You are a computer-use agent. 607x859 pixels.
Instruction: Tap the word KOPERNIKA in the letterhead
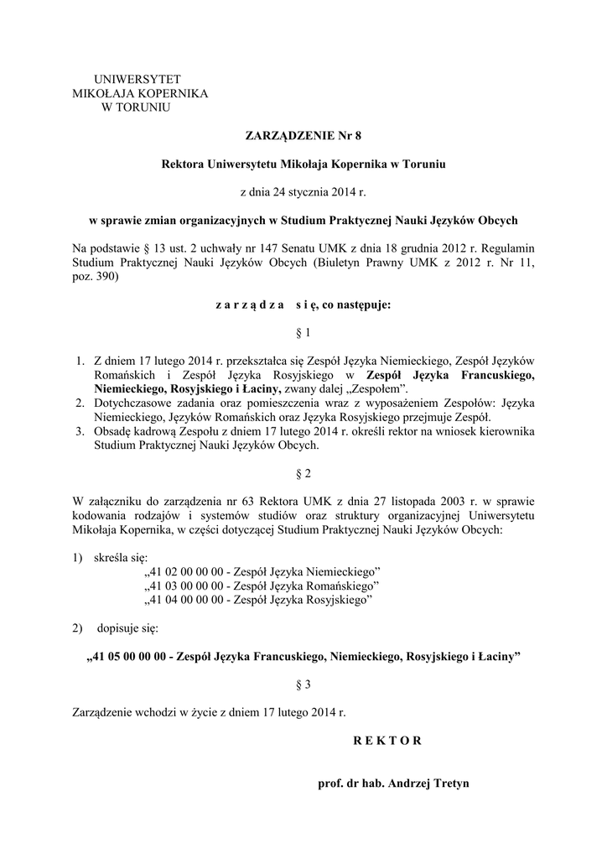[172, 93]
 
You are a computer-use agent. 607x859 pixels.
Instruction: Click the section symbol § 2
[303, 473]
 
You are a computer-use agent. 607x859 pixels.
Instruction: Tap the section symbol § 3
[303, 685]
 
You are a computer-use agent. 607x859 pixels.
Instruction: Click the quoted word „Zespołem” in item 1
[378, 389]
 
